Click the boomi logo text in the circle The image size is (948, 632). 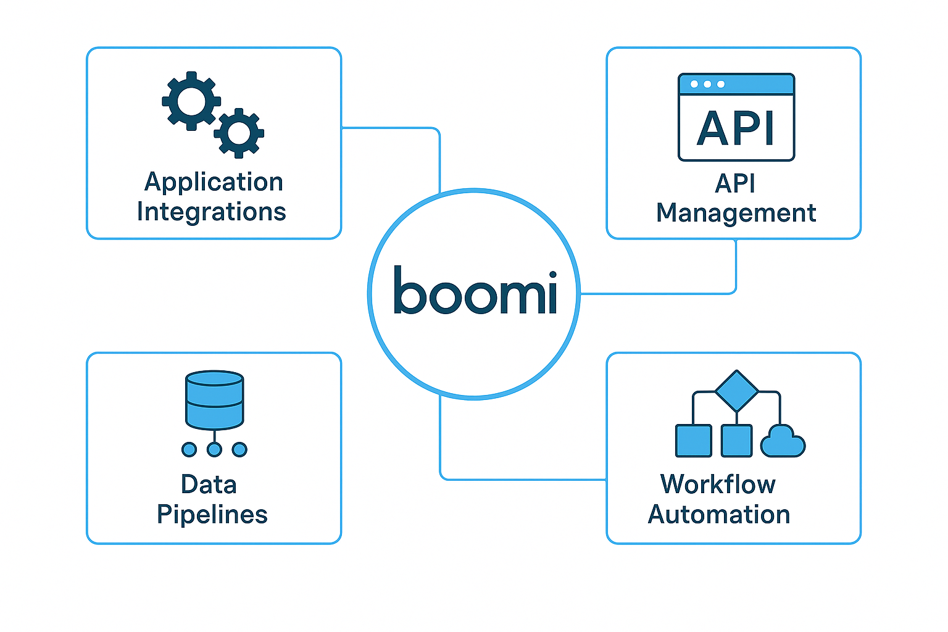click(475, 291)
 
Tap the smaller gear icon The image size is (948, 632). click(239, 133)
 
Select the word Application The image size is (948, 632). click(214, 183)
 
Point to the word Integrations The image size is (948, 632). click(211, 212)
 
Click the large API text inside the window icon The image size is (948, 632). click(736, 129)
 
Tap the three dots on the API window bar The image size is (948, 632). click(707, 84)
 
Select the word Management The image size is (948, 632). click(736, 213)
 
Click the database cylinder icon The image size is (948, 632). click(214, 399)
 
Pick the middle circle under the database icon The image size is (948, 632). click(214, 449)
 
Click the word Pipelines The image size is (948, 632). click(212, 515)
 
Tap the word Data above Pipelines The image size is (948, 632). click(209, 484)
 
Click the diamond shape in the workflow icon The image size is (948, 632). click(736, 391)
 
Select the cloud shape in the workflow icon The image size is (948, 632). click(783, 442)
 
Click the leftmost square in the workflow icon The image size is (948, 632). click(693, 441)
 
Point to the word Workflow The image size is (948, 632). click(718, 484)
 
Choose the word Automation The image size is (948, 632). click(719, 515)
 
